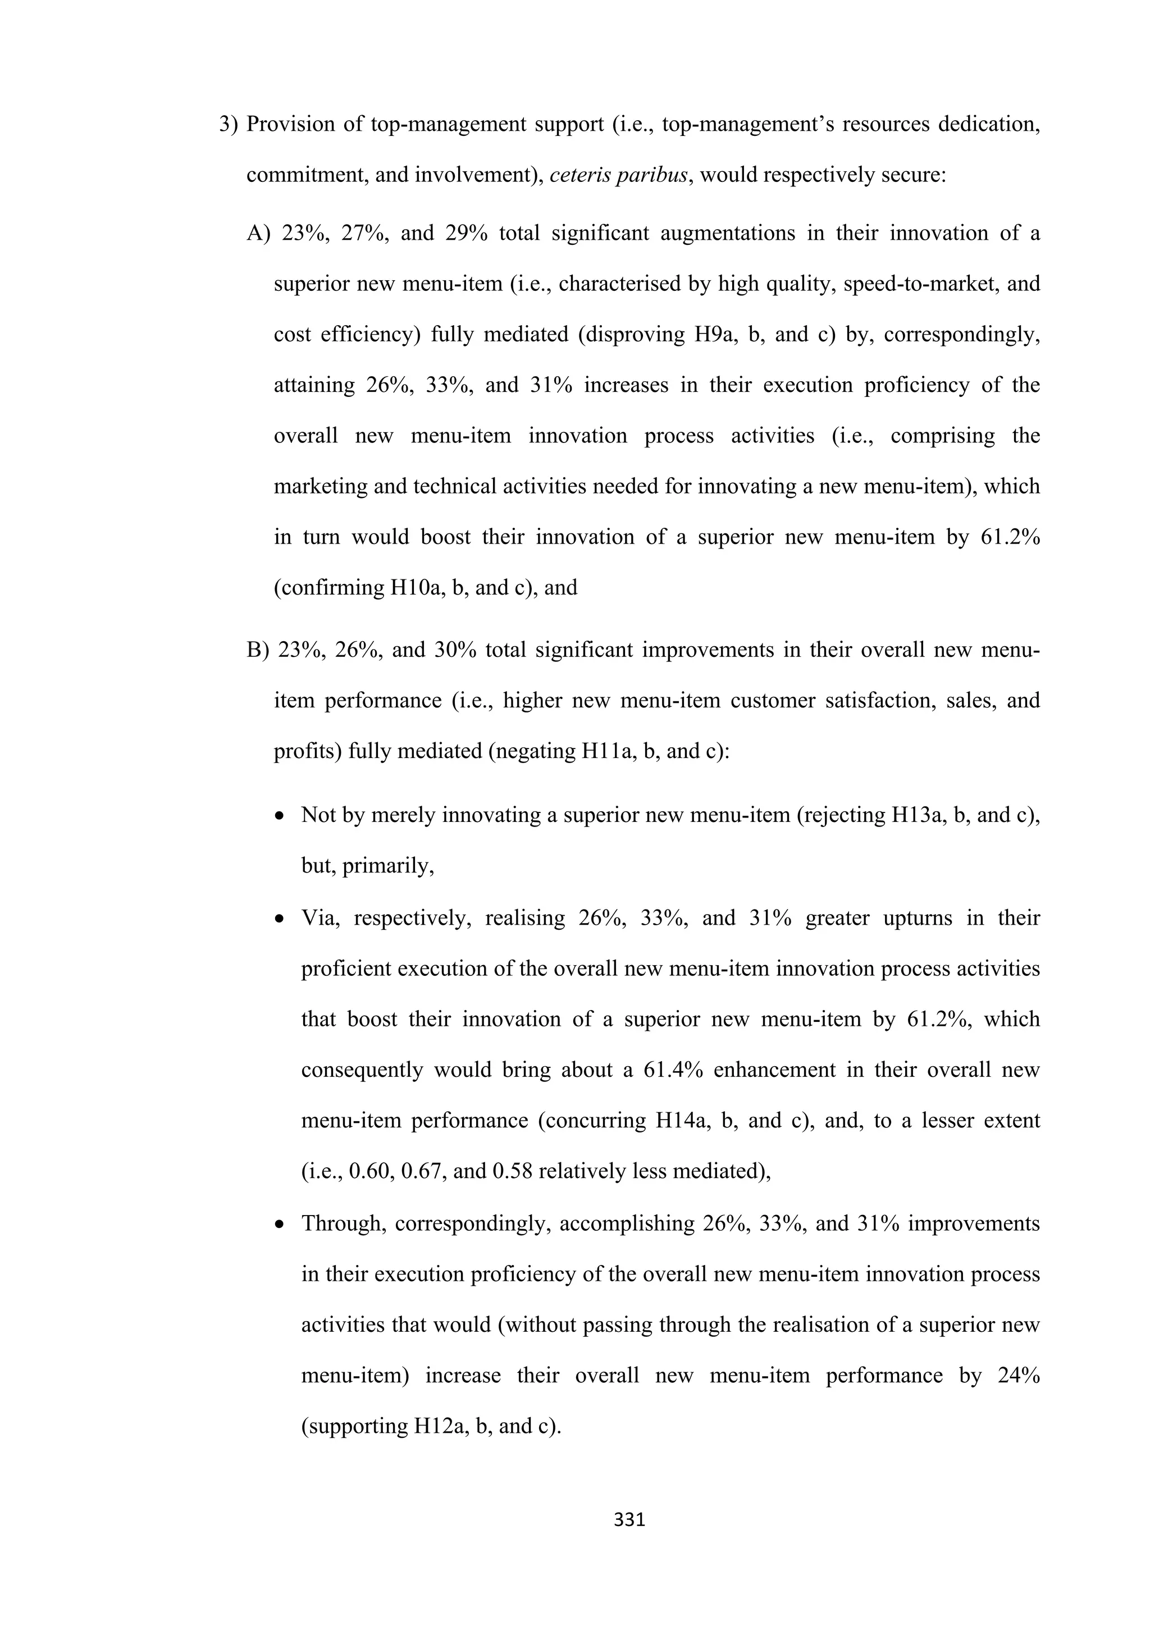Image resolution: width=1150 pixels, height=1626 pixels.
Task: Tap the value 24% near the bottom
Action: click(1017, 1375)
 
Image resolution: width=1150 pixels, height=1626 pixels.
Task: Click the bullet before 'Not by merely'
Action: click(281, 816)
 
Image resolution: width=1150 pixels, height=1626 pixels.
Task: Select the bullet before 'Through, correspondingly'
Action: click(281, 1225)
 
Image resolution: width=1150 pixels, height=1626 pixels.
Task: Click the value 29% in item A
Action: click(466, 233)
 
